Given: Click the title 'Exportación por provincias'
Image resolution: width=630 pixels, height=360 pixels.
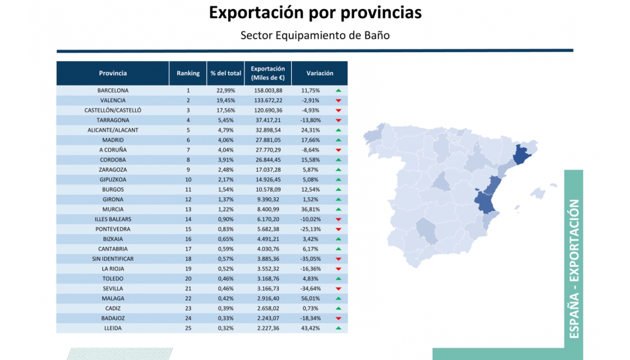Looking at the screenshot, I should [x=315, y=13].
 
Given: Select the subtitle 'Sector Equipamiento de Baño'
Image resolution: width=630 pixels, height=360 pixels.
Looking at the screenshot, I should [x=315, y=35].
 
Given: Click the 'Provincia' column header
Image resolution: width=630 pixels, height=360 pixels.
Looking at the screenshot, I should [x=113, y=73].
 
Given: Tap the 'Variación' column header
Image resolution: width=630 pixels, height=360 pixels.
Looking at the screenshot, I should [x=319, y=73].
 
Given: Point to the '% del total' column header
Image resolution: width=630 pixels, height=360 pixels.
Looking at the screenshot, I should [x=226, y=73].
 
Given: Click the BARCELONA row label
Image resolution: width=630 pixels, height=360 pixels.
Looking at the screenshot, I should [x=113, y=91].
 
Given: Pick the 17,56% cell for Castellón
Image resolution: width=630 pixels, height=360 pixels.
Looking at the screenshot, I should [x=226, y=110].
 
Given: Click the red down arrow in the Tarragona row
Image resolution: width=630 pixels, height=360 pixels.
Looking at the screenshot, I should [x=338, y=120].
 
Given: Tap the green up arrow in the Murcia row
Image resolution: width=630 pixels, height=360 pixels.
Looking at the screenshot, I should [x=338, y=210].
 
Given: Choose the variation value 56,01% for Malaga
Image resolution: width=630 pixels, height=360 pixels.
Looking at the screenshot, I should [x=310, y=298].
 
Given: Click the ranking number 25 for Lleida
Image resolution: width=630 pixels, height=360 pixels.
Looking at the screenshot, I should [x=188, y=328].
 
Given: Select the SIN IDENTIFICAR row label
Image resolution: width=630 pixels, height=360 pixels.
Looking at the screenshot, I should [x=113, y=258].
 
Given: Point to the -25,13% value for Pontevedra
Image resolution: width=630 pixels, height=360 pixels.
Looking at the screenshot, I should [x=310, y=229].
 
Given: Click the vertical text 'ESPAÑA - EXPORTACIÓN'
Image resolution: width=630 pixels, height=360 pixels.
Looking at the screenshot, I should [x=573, y=269].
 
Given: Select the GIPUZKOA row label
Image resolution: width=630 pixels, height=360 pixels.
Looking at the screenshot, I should [x=113, y=179].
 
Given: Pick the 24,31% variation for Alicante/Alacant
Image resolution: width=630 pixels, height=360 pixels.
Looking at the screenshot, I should [x=310, y=130].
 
